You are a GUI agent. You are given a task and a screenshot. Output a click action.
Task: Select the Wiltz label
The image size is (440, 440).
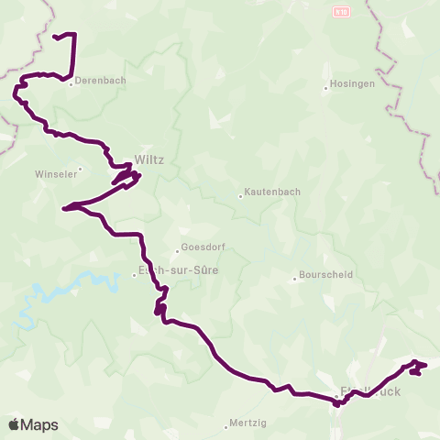pos(148,159)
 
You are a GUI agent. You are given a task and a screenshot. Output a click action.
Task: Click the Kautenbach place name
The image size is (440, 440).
pos(269,194)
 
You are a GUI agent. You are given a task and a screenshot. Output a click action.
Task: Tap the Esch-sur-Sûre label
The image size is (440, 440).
pos(170,270)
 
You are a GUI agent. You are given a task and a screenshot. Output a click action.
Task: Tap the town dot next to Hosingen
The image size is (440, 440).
pos(325,88)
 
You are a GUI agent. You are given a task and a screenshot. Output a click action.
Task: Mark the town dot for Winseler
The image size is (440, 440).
pos(81,168)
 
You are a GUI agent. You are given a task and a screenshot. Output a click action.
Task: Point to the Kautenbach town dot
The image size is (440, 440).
pos(240,194)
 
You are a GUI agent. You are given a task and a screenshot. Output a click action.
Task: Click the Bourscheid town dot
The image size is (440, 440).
pos(294,277)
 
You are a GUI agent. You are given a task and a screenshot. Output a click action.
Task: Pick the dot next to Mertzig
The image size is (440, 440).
pos(226,426)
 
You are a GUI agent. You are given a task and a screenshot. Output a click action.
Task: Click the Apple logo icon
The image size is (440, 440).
pos(14,424)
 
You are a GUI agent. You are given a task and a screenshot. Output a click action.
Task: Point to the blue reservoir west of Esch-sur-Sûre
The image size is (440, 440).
pos(78,283)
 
